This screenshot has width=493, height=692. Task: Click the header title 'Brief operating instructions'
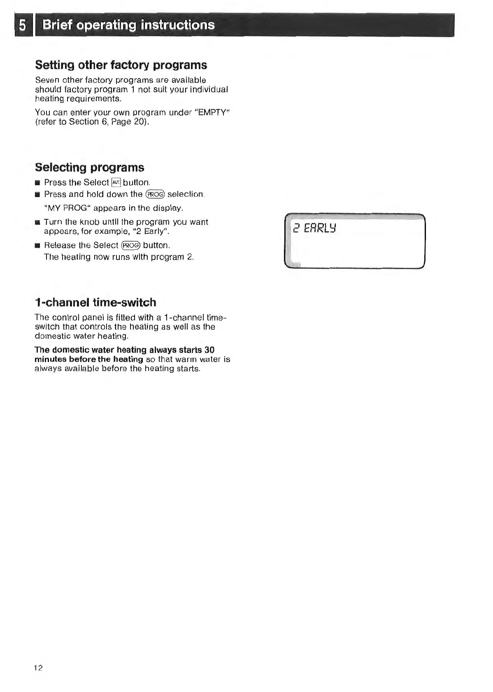(128, 25)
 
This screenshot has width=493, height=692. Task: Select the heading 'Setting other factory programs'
(121, 65)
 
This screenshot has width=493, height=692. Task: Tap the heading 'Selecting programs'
(90, 167)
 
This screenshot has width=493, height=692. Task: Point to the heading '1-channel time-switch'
(95, 302)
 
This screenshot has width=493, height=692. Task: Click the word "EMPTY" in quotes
(213, 112)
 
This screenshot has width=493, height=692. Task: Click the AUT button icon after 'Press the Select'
(116, 182)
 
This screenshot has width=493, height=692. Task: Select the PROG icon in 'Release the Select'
(131, 245)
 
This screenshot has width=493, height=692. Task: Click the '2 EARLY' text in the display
(314, 228)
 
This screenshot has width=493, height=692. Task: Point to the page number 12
(38, 667)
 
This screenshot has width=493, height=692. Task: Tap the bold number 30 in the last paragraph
(209, 350)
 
